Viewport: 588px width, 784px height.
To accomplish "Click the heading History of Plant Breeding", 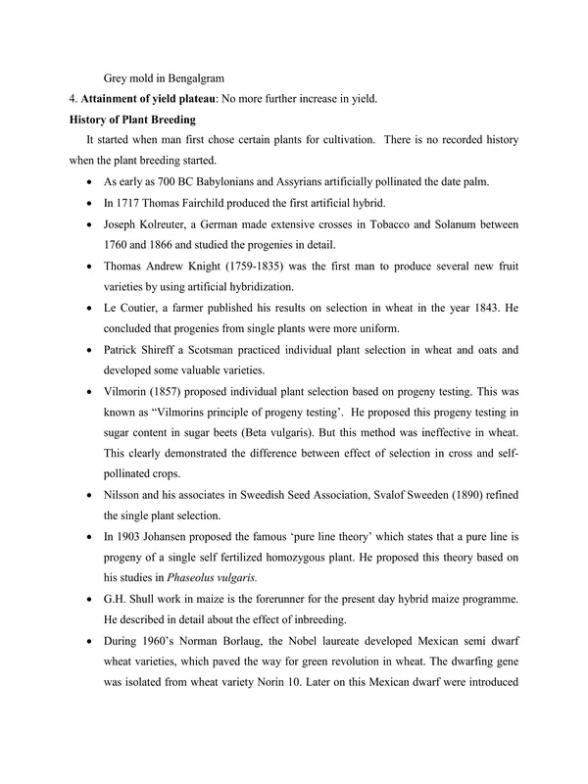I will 125,120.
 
